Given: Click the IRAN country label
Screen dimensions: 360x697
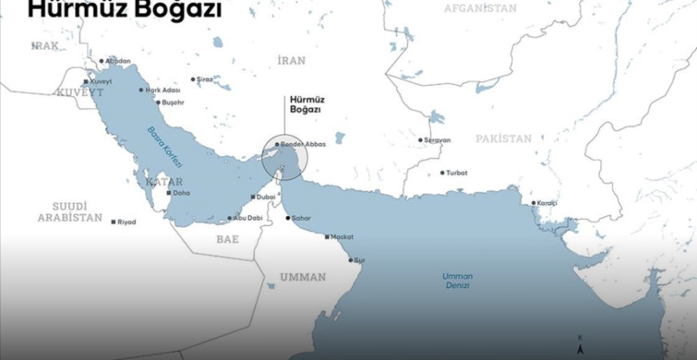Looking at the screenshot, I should coord(291,60).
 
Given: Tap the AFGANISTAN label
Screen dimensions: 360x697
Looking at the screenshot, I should coord(480,8).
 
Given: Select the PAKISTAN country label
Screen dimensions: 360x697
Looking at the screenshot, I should coord(504,138).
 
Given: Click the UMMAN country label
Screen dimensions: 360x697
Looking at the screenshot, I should coord(304,277).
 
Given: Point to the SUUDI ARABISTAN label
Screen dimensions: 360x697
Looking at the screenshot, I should coord(70,211).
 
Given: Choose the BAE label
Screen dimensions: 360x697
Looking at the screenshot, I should coord(227,238).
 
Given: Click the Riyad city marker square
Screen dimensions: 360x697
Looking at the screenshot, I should coord(114,222).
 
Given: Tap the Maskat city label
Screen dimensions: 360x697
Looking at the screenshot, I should coord(341,236).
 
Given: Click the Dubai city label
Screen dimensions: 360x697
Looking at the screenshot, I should coord(265,196).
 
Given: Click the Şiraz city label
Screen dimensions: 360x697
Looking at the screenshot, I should coord(204,79).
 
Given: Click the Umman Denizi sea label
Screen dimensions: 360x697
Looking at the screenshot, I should coord(457,281).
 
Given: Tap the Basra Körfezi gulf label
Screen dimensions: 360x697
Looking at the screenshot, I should coord(165,147).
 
